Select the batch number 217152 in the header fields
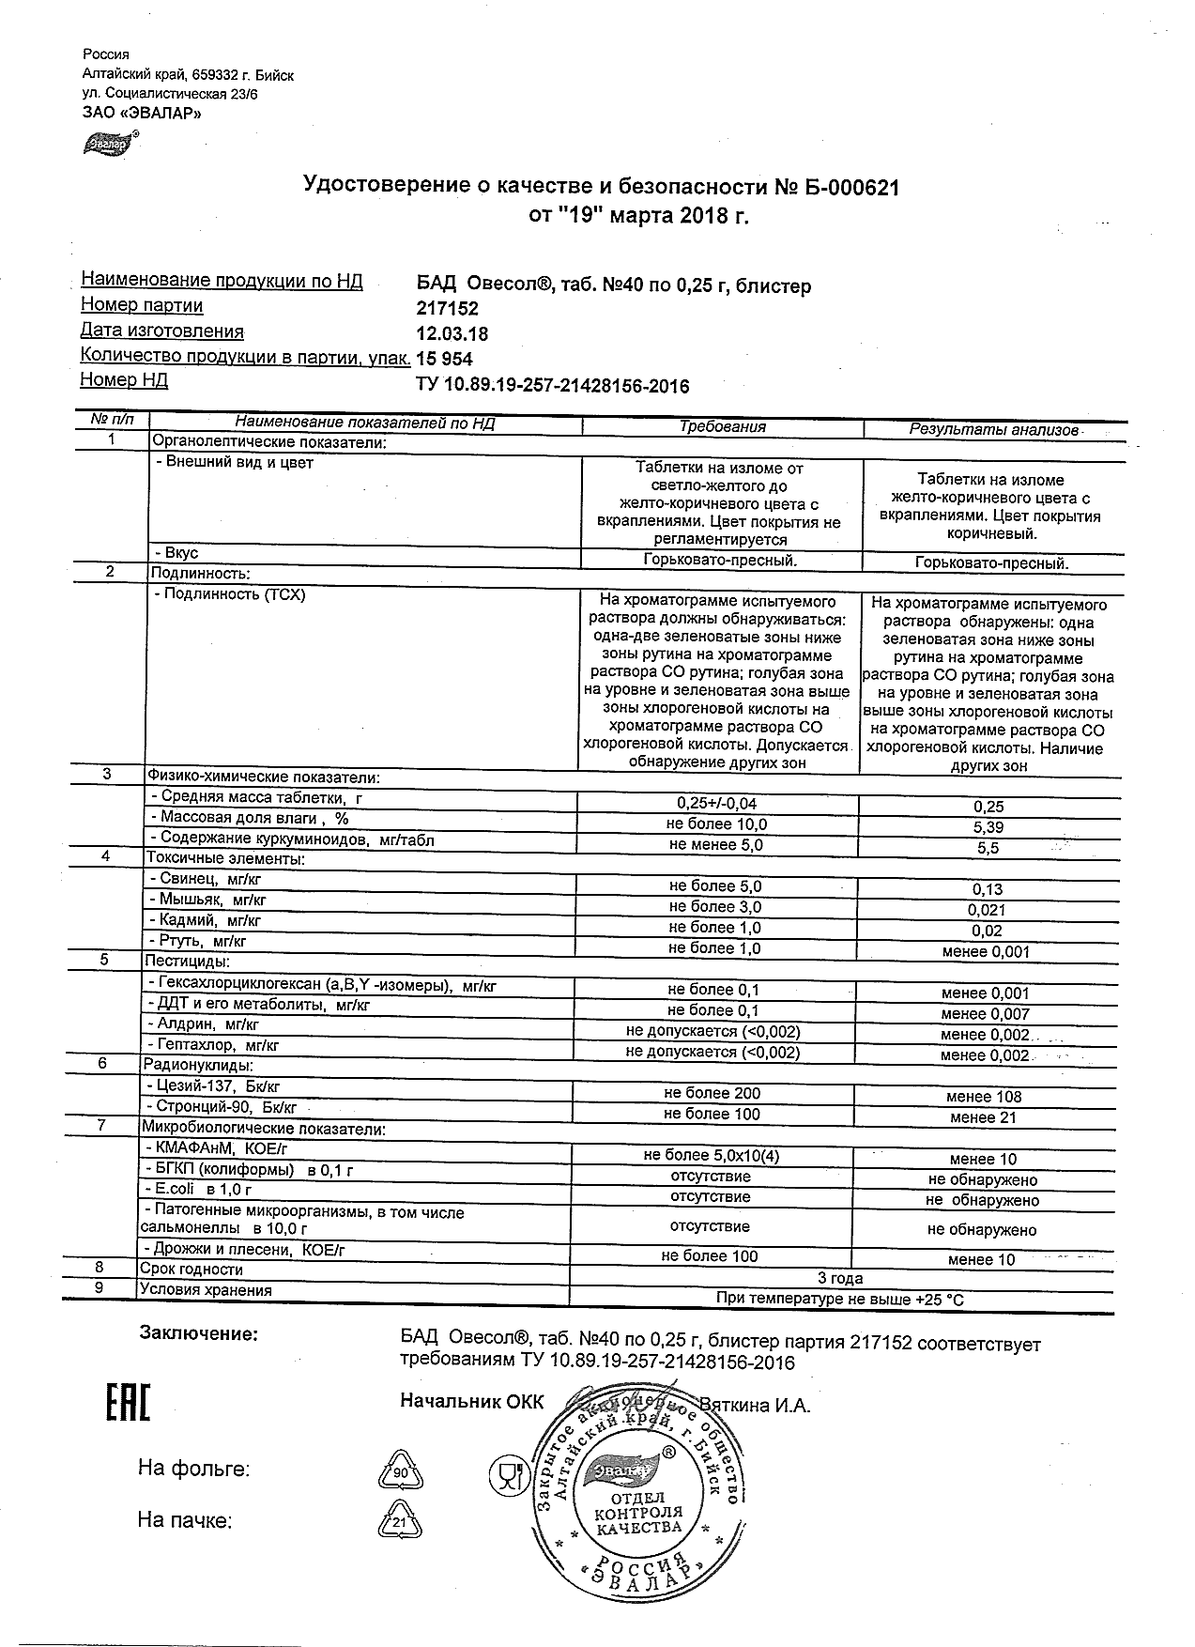[447, 309]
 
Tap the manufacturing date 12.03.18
[452, 334]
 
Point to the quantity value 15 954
[444, 360]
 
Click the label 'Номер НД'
[124, 380]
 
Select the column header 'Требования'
[722, 427]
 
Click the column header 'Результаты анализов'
[993, 430]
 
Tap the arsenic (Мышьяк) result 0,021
[987, 910]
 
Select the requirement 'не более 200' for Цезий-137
[712, 1094]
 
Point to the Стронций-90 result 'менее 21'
[985, 1117]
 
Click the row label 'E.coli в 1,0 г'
[198, 1190]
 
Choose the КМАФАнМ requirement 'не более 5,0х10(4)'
[712, 1156]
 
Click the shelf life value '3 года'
[840, 1278]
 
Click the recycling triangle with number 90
[401, 1472]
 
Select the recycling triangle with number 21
[400, 1523]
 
